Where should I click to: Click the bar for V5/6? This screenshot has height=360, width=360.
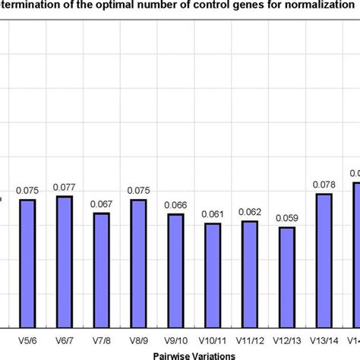[27, 263]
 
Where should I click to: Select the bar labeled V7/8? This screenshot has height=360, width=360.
[102, 270]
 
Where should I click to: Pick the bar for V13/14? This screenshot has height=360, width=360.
[324, 260]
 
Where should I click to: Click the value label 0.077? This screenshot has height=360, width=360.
[65, 187]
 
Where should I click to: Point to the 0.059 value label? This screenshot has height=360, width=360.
[287, 219]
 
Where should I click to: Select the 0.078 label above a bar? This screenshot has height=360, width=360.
[324, 185]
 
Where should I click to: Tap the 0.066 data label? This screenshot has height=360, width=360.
[175, 205]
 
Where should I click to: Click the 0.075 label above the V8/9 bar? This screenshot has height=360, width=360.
[138, 191]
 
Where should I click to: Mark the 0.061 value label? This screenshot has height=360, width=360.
[213, 214]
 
